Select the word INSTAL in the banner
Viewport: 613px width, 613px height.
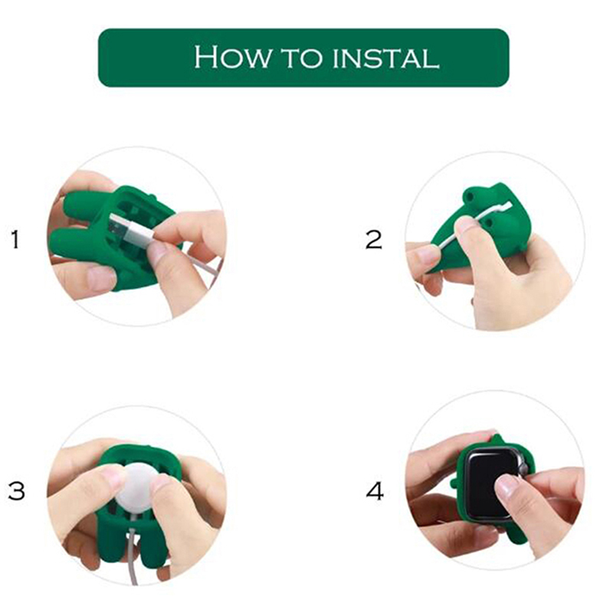386,59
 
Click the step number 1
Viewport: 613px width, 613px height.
15,239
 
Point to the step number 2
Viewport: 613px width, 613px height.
373,239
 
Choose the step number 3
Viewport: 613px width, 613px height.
16,490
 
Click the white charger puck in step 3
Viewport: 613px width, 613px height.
136,488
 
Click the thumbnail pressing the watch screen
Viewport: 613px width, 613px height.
506,487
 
